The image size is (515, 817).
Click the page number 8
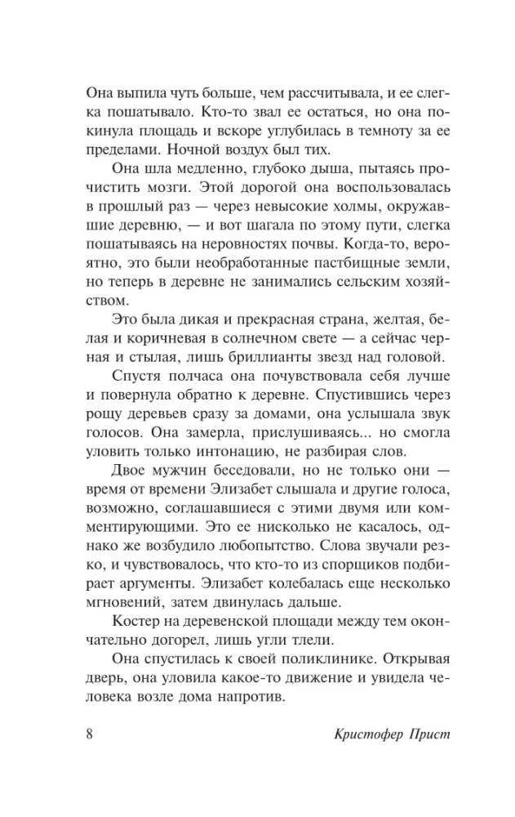pos(91,731)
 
